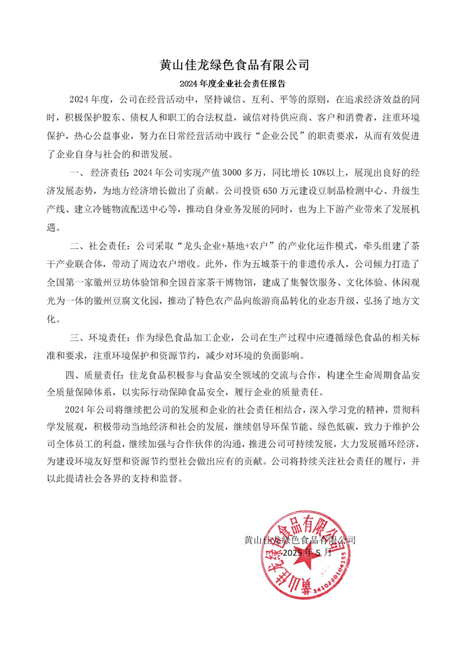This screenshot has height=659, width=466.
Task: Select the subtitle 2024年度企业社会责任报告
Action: (234, 83)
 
